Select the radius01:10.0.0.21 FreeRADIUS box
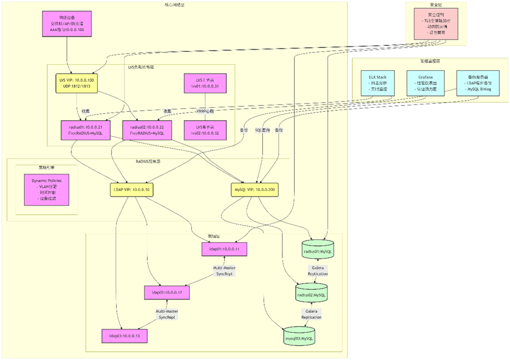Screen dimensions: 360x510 tap(81, 130)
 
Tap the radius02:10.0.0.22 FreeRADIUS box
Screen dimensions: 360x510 tap(147, 130)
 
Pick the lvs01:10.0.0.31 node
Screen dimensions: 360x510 tap(204, 83)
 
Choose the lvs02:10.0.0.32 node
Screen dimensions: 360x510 tap(204, 130)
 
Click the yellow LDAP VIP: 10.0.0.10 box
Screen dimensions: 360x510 tap(131, 190)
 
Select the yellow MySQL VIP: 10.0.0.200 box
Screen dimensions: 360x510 tap(254, 190)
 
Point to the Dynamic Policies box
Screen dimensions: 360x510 tap(47, 189)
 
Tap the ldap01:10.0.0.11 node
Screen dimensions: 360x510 tap(224, 249)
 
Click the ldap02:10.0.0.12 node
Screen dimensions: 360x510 tap(167, 292)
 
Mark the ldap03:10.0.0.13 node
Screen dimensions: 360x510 tap(124, 336)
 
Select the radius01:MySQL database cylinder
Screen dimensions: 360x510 tap(318, 251)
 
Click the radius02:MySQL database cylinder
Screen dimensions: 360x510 tap(311, 294)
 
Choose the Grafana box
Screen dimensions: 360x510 tap(425, 83)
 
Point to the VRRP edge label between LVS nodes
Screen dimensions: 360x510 tap(205, 111)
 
